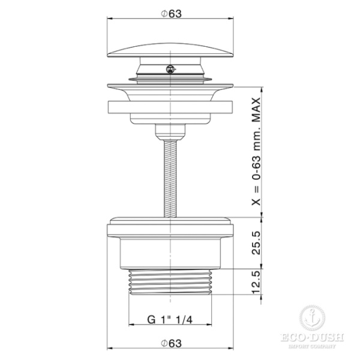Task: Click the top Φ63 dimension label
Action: (x=172, y=16)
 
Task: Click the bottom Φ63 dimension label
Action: (x=172, y=344)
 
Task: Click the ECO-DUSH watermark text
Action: (x=311, y=337)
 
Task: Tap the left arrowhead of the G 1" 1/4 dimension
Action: (x=130, y=325)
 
